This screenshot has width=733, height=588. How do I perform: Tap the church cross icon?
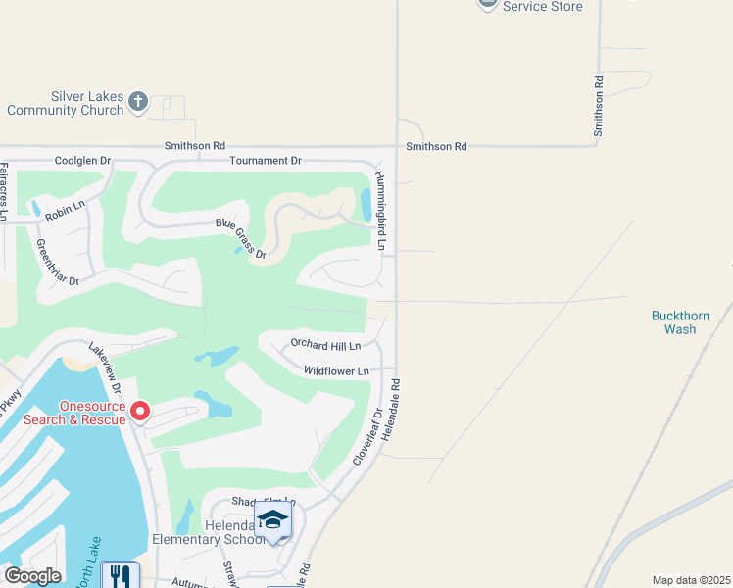click(x=138, y=100)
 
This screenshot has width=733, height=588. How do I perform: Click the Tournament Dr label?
click(x=265, y=160)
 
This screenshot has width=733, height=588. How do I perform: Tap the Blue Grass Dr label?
click(x=241, y=238)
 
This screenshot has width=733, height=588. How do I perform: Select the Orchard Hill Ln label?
click(x=325, y=345)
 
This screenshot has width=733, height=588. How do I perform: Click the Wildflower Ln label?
click(x=336, y=371)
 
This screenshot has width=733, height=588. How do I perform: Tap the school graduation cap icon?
click(x=273, y=519)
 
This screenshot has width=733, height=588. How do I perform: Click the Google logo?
click(x=32, y=576)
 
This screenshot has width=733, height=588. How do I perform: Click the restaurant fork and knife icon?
click(x=120, y=574)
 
